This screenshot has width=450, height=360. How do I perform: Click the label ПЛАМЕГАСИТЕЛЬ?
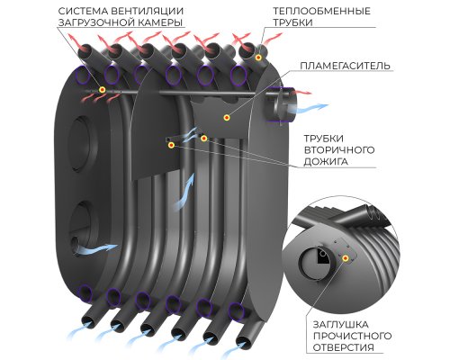(x=345, y=66)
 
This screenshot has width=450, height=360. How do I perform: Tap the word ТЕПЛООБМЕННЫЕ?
(x=321, y=11)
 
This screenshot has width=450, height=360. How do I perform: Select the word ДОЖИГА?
(x=321, y=162)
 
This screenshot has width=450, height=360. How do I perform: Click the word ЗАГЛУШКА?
(x=341, y=325)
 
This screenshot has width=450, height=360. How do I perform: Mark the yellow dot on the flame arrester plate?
(x=227, y=117)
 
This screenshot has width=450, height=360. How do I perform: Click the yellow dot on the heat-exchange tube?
(x=258, y=58)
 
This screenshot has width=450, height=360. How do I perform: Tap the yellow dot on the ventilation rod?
(x=103, y=89)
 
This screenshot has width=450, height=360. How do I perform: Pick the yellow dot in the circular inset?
(x=346, y=258)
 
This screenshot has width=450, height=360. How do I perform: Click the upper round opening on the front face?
(x=85, y=144)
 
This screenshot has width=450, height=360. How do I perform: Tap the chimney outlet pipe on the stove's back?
(x=282, y=105)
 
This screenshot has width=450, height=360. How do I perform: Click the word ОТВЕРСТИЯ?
(x=344, y=347)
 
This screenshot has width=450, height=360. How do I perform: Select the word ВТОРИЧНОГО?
(x=339, y=150)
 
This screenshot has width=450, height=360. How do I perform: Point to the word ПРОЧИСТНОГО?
(x=352, y=336)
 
